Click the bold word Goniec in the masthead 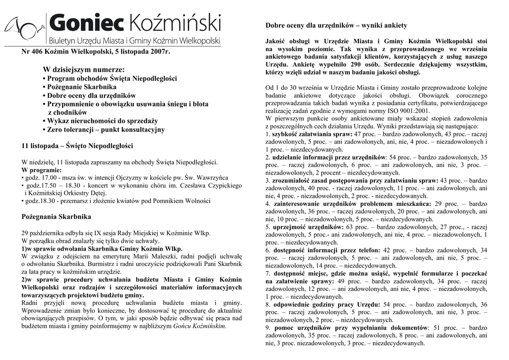coord(87,22)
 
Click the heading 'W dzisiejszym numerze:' coord(84,70)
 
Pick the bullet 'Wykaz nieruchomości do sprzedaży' coord(102,121)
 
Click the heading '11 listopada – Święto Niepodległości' coord(78,146)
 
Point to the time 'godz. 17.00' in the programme coord(39,177)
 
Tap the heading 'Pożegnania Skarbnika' coord(57,217)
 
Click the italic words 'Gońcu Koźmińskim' coord(199,326)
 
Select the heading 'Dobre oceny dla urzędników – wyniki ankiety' coord(336,25)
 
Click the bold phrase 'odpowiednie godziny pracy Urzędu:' coord(327,304)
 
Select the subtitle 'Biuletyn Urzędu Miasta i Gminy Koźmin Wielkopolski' coord(135,40)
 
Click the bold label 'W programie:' coord(42,170)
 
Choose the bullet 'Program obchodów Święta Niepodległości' coord(112,79)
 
